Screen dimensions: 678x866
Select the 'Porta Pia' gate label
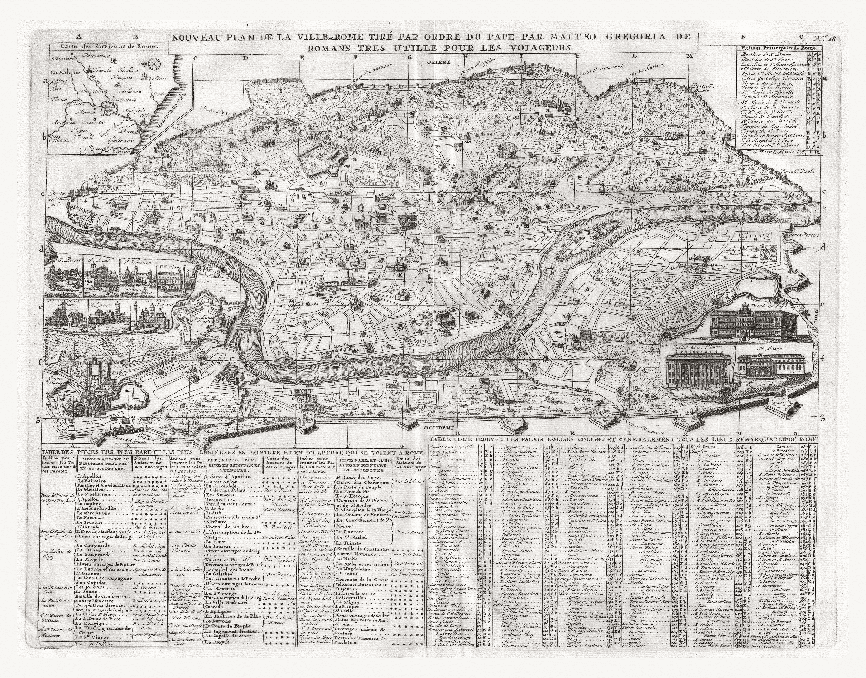tap(207, 108)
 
